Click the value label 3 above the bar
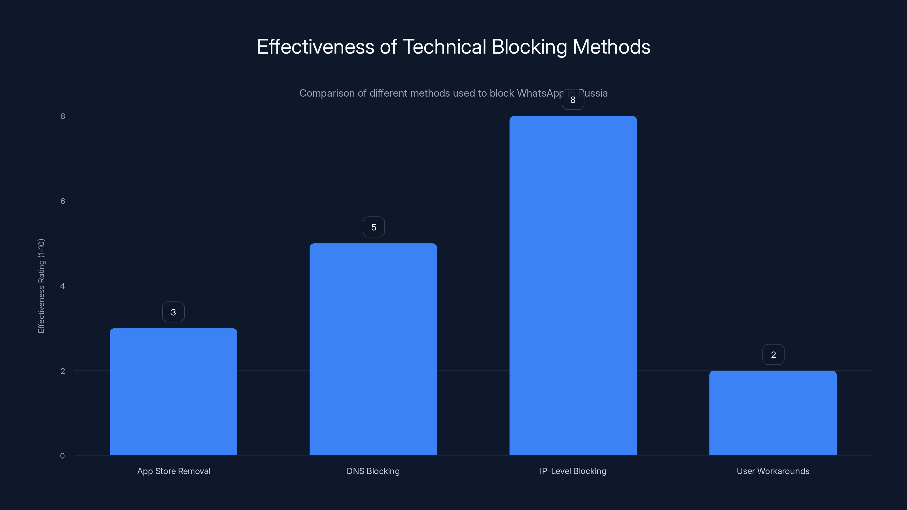coord(173,312)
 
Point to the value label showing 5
coord(374,227)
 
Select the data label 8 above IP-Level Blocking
coord(573,100)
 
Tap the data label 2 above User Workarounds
coord(773,355)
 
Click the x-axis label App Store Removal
coord(173,471)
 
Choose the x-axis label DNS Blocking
coord(373,471)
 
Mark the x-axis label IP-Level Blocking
coord(573,471)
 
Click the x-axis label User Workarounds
coord(773,471)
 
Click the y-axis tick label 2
coord(63,371)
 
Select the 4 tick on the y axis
coord(62,286)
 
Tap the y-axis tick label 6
coord(63,201)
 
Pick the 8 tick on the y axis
coord(63,116)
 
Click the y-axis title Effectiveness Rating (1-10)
coord(41,286)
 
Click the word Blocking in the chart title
coord(529,47)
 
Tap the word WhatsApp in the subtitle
coord(541,93)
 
